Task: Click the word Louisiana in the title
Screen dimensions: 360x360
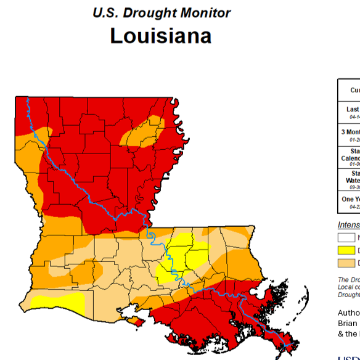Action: pos(160,36)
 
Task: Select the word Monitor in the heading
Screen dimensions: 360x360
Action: pos(206,12)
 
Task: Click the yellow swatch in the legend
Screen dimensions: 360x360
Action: pos(346,250)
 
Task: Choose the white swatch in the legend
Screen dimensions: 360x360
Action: pos(346,237)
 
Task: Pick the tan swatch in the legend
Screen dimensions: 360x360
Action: pos(346,263)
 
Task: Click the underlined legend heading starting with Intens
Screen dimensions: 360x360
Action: pos(349,224)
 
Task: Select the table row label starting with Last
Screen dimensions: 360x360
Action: pos(353,109)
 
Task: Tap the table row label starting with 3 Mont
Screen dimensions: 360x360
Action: pos(351,132)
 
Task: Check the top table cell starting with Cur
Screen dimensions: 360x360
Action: pos(354,90)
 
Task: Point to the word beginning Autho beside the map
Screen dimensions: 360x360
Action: pos(349,313)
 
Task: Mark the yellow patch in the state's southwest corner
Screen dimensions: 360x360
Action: pos(59,301)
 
